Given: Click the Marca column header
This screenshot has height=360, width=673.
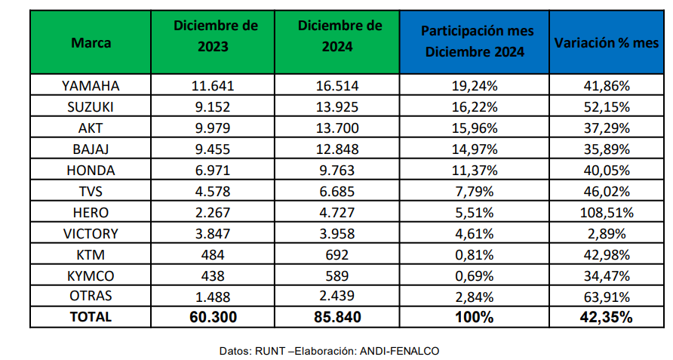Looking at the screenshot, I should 91,43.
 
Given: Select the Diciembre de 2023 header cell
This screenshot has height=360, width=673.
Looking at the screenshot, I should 216,35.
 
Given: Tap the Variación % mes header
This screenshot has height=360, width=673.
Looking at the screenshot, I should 607,42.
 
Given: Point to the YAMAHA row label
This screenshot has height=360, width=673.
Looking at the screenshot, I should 91,85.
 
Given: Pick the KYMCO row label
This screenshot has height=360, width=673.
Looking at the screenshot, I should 91,275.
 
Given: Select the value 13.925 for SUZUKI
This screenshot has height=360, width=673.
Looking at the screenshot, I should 337,106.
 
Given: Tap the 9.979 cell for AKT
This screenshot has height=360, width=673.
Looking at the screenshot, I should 216,128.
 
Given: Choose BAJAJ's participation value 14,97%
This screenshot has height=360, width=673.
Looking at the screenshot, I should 474,149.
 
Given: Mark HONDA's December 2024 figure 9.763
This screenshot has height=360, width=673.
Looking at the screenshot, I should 337,170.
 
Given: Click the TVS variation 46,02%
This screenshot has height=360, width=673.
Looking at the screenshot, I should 607,192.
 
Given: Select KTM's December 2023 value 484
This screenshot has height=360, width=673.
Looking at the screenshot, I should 216,254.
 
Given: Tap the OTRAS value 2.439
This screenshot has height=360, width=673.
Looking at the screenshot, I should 337,297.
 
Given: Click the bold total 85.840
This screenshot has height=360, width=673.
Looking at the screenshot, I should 337,318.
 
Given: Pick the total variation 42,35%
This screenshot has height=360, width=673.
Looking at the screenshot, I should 607,318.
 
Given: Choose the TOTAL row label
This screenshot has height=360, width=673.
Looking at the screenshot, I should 91,318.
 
